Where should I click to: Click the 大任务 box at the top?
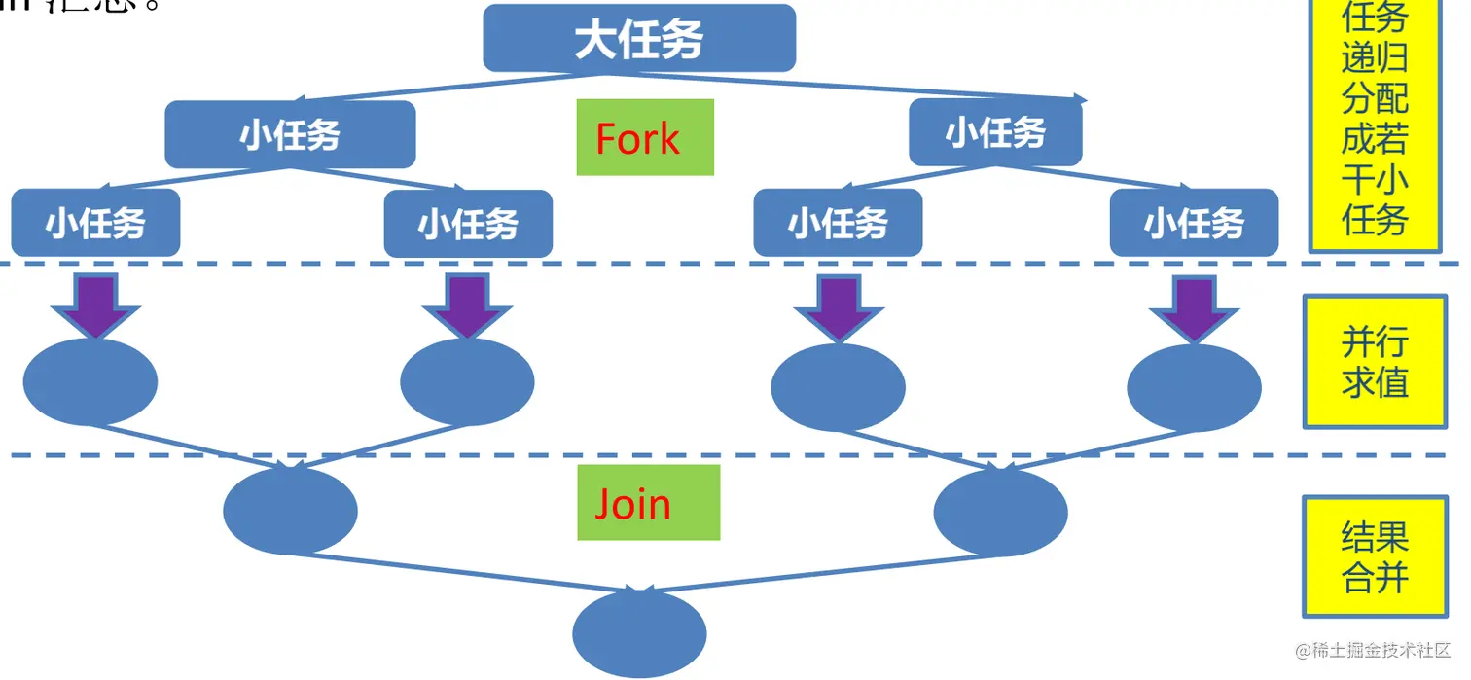click(639, 39)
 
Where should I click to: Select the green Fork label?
click(644, 137)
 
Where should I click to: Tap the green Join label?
click(648, 503)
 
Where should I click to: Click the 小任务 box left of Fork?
click(290, 134)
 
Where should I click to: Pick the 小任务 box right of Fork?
click(995, 131)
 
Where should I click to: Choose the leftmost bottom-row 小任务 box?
click(95, 223)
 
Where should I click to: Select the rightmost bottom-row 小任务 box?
click(1194, 223)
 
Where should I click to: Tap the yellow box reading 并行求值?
click(1375, 362)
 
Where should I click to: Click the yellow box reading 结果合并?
click(1375, 556)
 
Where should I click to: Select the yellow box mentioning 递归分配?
click(1375, 122)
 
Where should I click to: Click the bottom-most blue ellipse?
click(639, 633)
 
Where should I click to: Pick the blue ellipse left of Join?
click(290, 510)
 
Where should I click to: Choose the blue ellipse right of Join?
click(1000, 512)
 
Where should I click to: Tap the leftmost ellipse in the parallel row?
click(90, 382)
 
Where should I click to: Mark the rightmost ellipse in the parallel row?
click(1194, 387)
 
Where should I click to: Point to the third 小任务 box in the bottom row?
click(838, 223)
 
